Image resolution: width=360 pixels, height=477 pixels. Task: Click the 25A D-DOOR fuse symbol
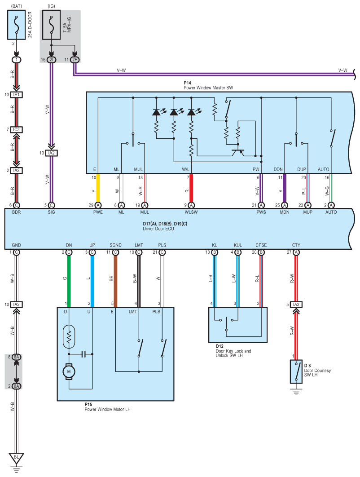tap(17, 25)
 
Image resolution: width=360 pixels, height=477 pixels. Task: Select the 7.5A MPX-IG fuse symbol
tap(51, 25)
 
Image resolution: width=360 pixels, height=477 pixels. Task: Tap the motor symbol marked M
tap(69, 371)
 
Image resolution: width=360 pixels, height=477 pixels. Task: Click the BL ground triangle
tap(17, 458)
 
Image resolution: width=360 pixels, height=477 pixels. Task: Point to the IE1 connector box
tap(17, 95)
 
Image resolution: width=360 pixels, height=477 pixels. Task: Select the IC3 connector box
tap(17, 130)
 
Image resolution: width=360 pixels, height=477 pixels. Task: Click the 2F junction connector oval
tap(75, 60)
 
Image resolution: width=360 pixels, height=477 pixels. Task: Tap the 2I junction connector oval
tap(51, 60)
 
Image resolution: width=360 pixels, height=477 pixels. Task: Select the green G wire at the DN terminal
tap(69, 281)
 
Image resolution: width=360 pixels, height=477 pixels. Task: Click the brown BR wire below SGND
tap(115, 281)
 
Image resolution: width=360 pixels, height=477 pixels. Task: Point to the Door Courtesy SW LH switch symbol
tap(296, 372)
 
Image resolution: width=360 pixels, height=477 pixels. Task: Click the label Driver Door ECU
tap(158, 229)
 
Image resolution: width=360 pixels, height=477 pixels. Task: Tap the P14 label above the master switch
tap(187, 83)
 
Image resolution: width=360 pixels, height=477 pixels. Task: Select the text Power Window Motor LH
tap(107, 410)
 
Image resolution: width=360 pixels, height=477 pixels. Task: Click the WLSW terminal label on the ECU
tap(191, 212)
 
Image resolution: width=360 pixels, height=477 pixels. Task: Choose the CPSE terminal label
tap(261, 245)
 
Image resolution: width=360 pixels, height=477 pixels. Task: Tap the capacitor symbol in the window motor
tap(85, 354)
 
